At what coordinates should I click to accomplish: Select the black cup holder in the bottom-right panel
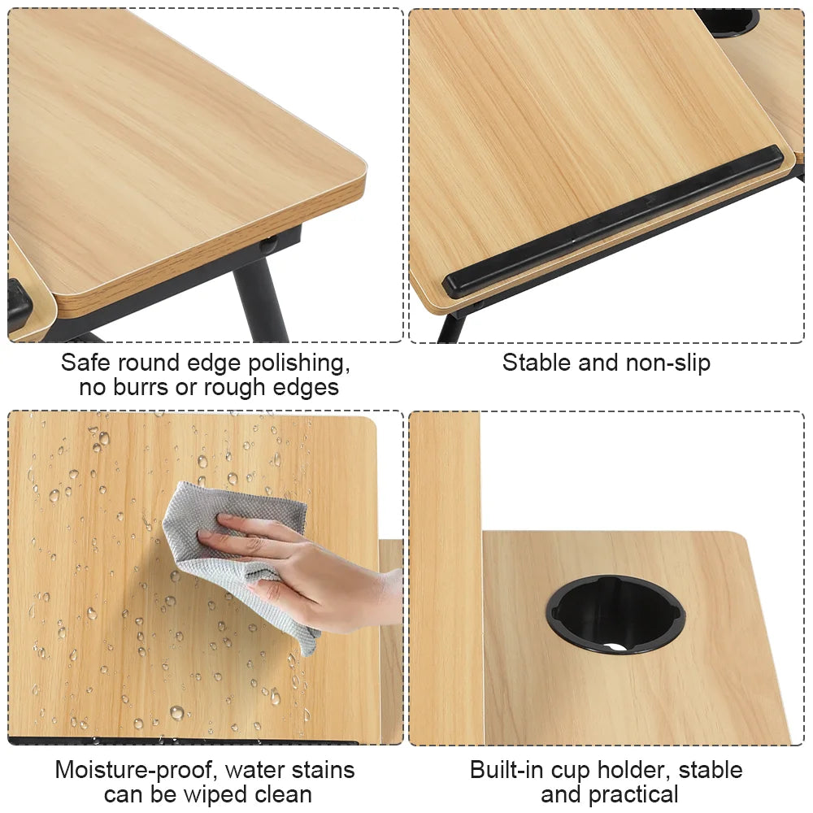[x=615, y=615]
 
